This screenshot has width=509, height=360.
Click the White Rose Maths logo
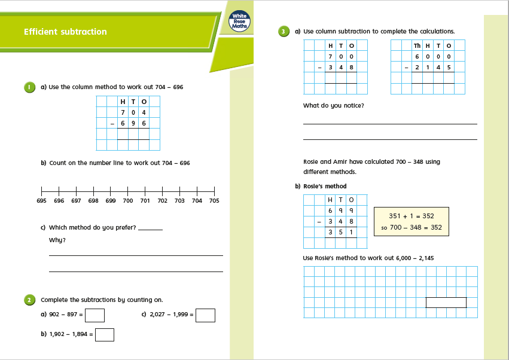240,22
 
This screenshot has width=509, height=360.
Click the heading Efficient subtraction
65,32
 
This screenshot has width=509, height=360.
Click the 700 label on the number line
127,201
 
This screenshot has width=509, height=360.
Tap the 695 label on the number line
41,201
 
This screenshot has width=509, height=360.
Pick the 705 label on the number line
214,201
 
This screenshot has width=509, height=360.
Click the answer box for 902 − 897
95,315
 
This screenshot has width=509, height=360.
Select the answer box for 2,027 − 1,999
205,315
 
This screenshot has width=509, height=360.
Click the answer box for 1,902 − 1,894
105,335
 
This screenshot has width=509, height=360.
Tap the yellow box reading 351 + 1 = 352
412,221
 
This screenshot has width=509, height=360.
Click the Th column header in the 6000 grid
417,45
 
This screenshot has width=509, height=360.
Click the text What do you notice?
333,106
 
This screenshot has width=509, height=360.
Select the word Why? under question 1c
57,240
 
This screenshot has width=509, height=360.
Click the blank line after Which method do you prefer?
150,230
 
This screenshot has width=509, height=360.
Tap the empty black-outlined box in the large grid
446,303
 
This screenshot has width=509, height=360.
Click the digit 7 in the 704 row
123,112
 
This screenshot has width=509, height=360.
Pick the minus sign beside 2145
406,67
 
